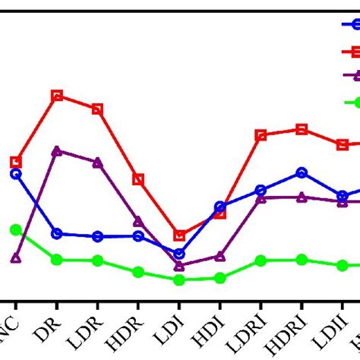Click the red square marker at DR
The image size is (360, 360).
point(57,96)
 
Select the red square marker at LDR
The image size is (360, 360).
point(97,109)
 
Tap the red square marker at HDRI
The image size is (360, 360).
point(302,129)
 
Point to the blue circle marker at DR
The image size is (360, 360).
point(57,233)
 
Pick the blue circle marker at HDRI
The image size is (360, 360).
point(302,172)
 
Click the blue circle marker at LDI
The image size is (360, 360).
point(179,254)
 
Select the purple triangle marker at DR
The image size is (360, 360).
point(57,150)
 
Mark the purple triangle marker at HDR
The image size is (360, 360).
point(138,221)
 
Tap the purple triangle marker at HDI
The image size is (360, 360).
point(220,256)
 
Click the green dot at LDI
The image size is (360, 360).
point(179,279)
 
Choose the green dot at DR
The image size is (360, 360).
point(57,260)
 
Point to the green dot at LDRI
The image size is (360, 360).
point(261,260)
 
